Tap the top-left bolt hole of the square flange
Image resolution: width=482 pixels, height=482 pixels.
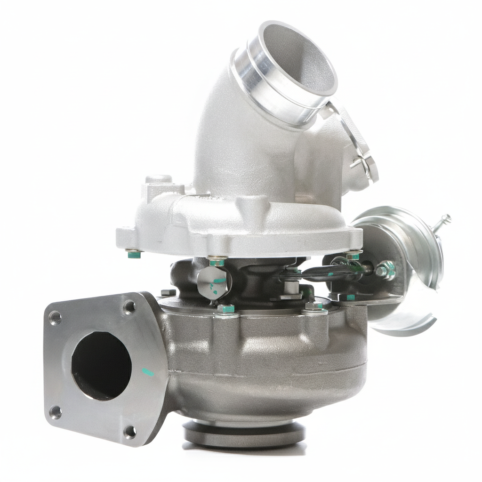[x=56, y=318]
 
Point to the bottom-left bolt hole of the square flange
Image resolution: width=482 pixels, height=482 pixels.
[x=56, y=412]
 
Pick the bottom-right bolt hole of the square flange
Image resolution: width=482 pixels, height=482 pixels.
[x=129, y=431]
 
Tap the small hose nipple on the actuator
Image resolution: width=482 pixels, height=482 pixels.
[x=444, y=220]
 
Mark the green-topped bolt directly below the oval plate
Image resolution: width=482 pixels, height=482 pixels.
[x=226, y=309]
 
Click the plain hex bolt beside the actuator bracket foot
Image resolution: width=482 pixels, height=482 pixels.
[x=313, y=306]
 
